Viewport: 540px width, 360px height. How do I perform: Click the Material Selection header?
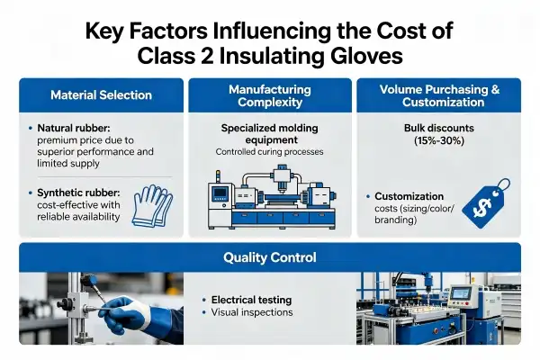[x=101, y=95]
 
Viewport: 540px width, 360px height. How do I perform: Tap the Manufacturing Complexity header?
[x=270, y=95]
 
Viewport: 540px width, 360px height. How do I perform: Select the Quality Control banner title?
[x=270, y=257]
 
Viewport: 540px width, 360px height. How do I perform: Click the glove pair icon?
[x=152, y=206]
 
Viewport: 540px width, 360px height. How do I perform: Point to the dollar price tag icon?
[x=486, y=203]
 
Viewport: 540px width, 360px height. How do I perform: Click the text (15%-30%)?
[x=439, y=140]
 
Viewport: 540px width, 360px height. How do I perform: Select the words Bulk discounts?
[x=439, y=128]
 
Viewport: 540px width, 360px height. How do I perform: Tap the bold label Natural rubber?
[x=74, y=128]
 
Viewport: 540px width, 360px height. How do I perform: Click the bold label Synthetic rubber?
[x=78, y=193]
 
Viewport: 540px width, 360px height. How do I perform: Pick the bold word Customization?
[x=409, y=196]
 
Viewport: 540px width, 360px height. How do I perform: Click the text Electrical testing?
[x=251, y=300]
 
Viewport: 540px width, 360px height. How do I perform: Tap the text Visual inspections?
[x=252, y=312]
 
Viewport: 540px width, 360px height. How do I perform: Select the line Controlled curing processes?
[x=270, y=152]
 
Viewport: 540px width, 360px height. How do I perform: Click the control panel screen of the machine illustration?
[x=220, y=193]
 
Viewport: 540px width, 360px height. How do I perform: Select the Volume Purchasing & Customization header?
[x=439, y=95]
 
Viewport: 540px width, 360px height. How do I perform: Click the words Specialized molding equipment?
[x=270, y=134]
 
